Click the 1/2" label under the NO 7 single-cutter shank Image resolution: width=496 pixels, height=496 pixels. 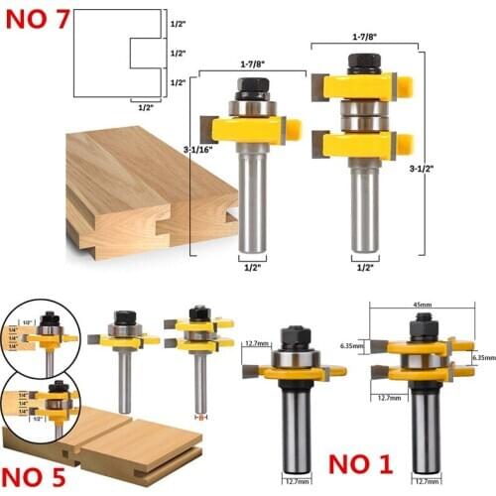point(252,266)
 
